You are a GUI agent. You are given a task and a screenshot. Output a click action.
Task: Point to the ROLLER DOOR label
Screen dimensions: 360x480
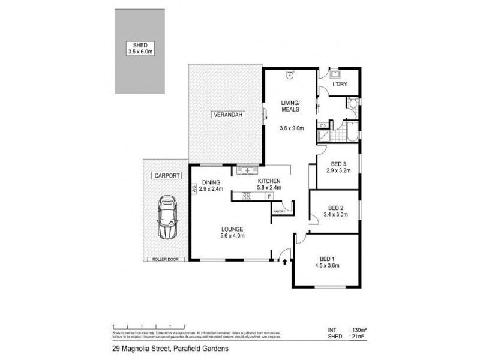(x=163, y=259)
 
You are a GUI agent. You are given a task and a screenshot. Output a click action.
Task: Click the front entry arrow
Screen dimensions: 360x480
(x=284, y=260)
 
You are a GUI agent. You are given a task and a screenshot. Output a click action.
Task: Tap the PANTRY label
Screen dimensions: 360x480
(x=278, y=211)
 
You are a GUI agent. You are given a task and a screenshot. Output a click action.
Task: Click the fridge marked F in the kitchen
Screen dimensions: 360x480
(x=269, y=196)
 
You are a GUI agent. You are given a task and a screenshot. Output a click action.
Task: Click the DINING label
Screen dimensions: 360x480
(x=212, y=182)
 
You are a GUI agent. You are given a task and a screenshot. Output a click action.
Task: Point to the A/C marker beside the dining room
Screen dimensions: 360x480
(x=194, y=188)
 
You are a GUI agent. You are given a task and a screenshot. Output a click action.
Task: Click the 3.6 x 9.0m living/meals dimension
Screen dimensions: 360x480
(x=293, y=127)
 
